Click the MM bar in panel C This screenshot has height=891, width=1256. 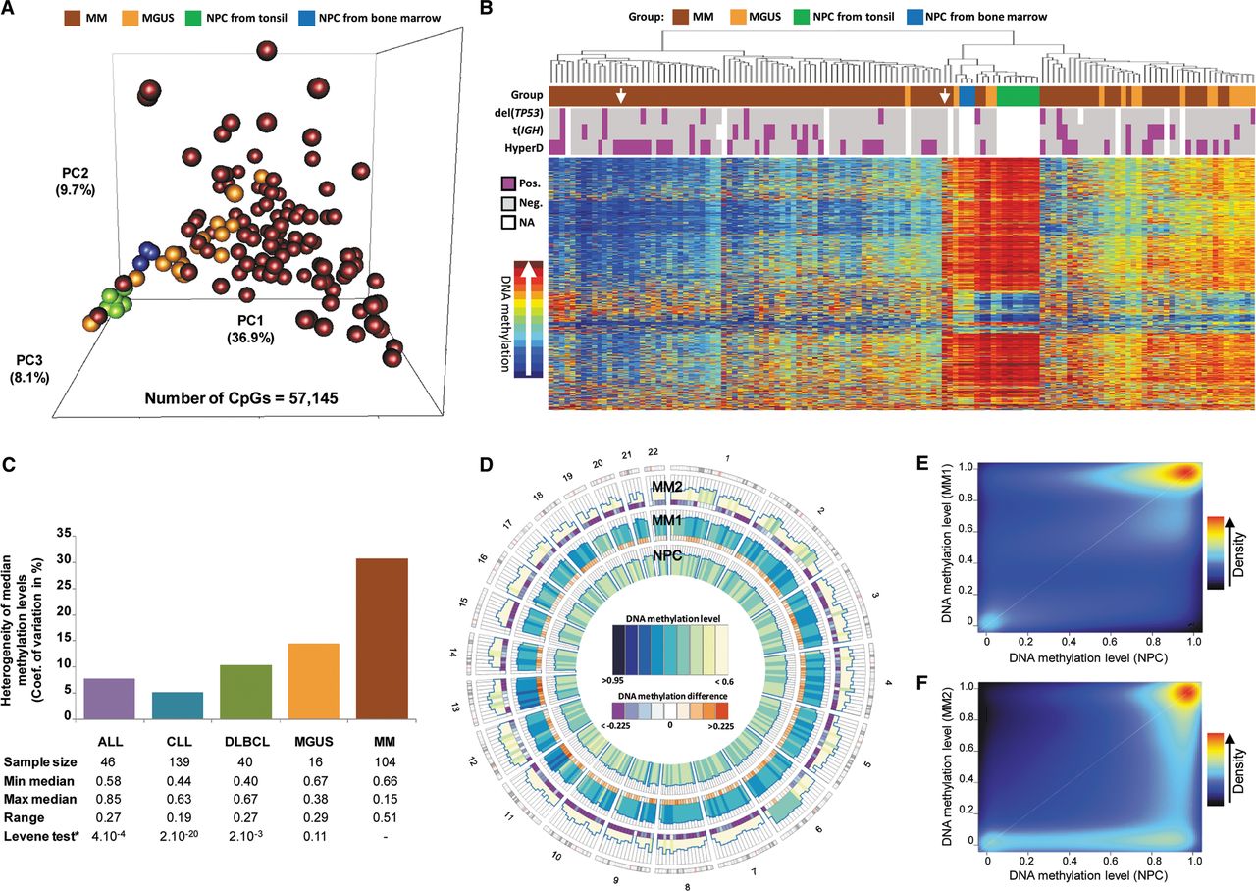(382, 638)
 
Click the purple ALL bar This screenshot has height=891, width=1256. (109, 698)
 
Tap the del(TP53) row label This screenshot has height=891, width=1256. (513, 113)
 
